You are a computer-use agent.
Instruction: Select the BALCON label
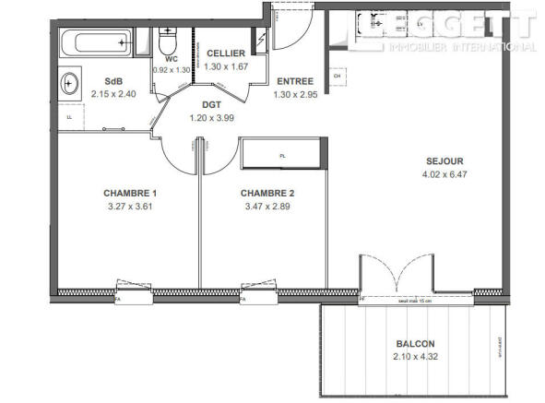(412, 343)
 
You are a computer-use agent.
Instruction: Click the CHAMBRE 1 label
(130, 193)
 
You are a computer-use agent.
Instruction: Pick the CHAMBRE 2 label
(267, 193)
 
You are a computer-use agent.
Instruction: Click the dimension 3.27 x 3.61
(130, 207)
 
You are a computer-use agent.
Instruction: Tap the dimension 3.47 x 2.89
(267, 207)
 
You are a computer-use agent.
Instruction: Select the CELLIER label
(225, 54)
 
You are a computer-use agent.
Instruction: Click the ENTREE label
(293, 80)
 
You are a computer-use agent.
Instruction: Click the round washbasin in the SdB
(70, 85)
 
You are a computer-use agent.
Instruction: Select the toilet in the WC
(167, 42)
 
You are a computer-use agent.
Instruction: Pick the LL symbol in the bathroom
(68, 117)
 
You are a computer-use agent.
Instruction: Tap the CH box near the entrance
(338, 76)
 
